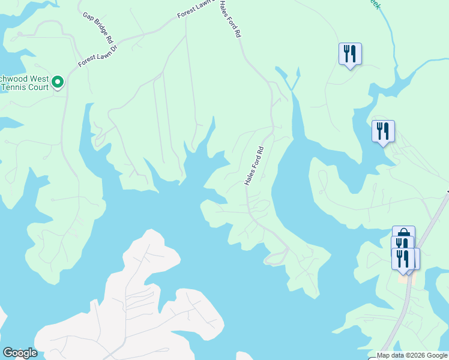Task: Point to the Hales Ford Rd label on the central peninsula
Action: coord(255,166)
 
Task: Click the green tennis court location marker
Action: coord(58,82)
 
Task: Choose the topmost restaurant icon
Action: coord(350,53)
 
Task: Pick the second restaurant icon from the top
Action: coord(383,131)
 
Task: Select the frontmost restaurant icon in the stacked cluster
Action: coord(403,258)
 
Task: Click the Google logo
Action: coord(20,352)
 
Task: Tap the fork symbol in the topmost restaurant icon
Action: coord(346,53)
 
